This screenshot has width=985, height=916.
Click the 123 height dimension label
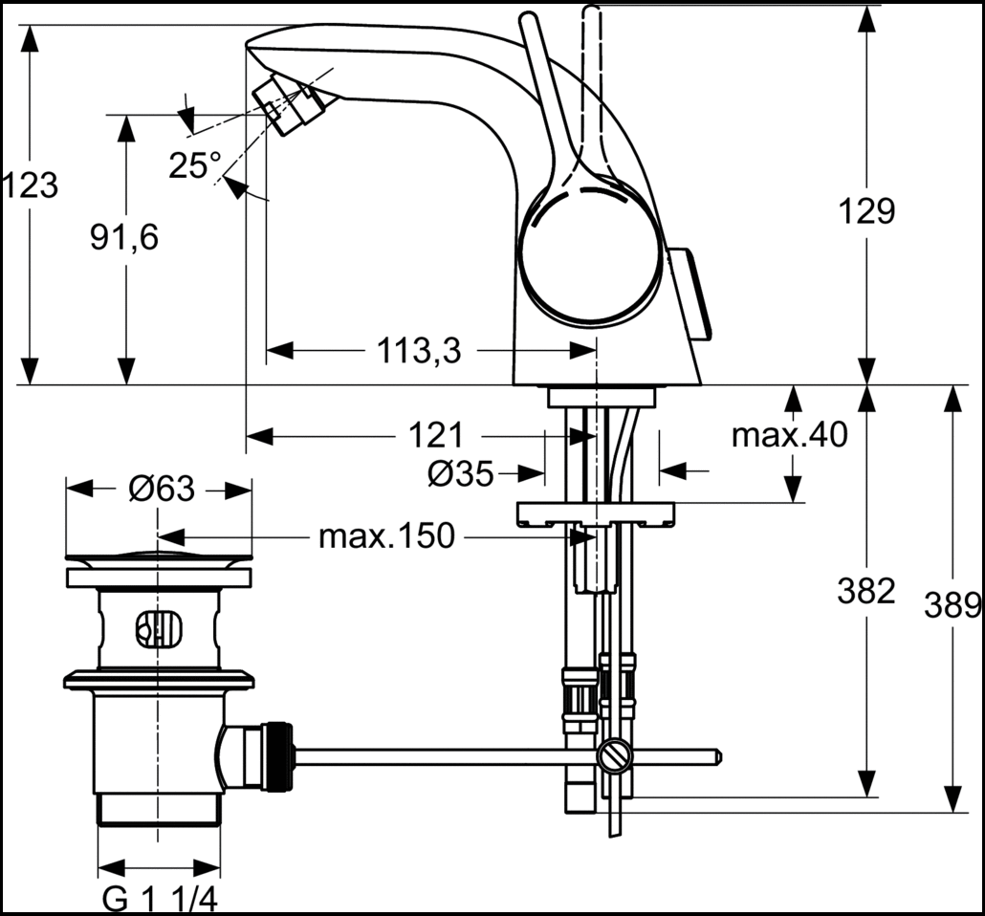[30, 185]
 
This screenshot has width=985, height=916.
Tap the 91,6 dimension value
[124, 237]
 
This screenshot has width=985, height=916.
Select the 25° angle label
[195, 165]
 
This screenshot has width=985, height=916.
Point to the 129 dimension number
[867, 211]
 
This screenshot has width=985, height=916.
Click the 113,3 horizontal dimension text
[419, 351]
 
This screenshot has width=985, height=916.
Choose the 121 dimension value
[436, 435]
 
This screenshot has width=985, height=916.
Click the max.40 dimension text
[790, 435]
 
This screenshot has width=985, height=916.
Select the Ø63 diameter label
[162, 489]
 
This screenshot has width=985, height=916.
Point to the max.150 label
[386, 536]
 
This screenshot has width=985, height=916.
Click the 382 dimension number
[866, 591]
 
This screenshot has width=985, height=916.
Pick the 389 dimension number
[952, 605]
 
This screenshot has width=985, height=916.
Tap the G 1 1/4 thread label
[161, 901]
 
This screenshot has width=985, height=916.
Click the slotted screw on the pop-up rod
[615, 756]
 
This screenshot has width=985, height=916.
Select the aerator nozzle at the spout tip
[284, 104]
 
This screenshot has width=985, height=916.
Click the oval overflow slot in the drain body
[159, 629]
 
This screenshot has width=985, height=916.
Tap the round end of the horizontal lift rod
[717, 757]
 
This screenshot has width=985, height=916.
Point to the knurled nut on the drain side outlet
[278, 755]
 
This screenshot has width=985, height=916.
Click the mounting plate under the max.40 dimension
[595, 513]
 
